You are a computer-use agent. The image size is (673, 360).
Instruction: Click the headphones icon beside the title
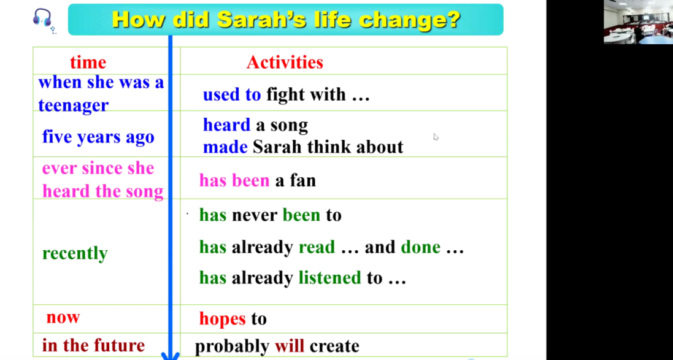pyautogui.click(x=43, y=19)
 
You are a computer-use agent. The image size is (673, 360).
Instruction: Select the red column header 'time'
pyautogui.click(x=88, y=63)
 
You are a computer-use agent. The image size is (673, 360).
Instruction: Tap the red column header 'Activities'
pyautogui.click(x=285, y=63)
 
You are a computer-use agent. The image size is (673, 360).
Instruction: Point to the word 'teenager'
pyautogui.click(x=74, y=105)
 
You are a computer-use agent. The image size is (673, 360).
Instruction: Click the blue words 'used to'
pyautogui.click(x=232, y=94)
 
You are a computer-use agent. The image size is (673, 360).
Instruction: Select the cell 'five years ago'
pyautogui.click(x=98, y=137)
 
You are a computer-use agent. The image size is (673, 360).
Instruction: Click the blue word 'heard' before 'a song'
pyautogui.click(x=226, y=125)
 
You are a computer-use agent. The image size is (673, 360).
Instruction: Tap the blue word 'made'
pyautogui.click(x=225, y=147)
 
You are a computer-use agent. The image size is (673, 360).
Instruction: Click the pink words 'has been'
pyautogui.click(x=234, y=180)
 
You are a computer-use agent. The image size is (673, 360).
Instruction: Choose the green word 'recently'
pyautogui.click(x=75, y=253)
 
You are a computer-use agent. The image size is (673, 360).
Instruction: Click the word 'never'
pyautogui.click(x=255, y=215)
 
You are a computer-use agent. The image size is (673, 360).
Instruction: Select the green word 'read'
pyautogui.click(x=317, y=247)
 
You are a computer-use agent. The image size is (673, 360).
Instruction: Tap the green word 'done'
pyautogui.click(x=421, y=247)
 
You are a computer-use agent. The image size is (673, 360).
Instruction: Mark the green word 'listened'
pyautogui.click(x=330, y=278)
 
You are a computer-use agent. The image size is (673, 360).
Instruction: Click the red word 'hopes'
pyautogui.click(x=222, y=319)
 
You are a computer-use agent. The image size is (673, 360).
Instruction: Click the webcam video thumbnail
pyautogui.click(x=638, y=22)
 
